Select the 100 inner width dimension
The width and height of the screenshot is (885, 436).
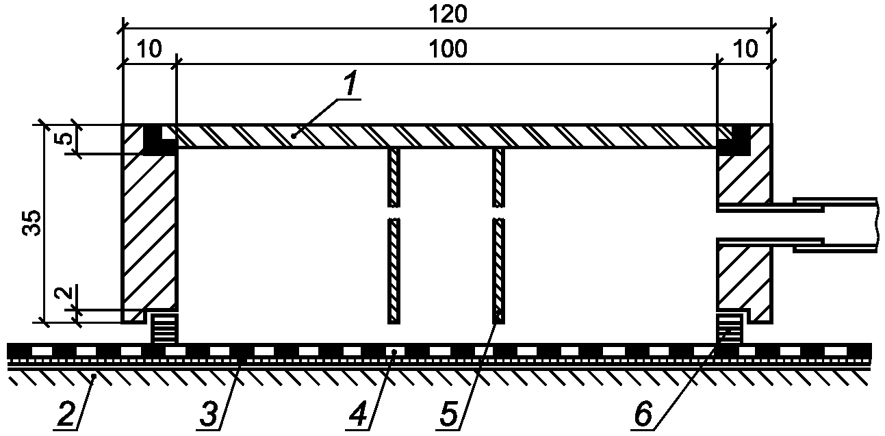tap(446, 49)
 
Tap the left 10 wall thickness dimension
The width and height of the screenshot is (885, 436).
tap(149, 49)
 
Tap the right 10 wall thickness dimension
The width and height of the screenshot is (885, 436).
tap(745, 49)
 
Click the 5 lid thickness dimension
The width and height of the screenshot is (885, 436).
tap(62, 139)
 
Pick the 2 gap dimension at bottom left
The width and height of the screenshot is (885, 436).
tap(62, 294)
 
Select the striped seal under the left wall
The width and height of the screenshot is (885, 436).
tap(164, 328)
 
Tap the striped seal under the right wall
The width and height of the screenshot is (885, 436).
tap(730, 328)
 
